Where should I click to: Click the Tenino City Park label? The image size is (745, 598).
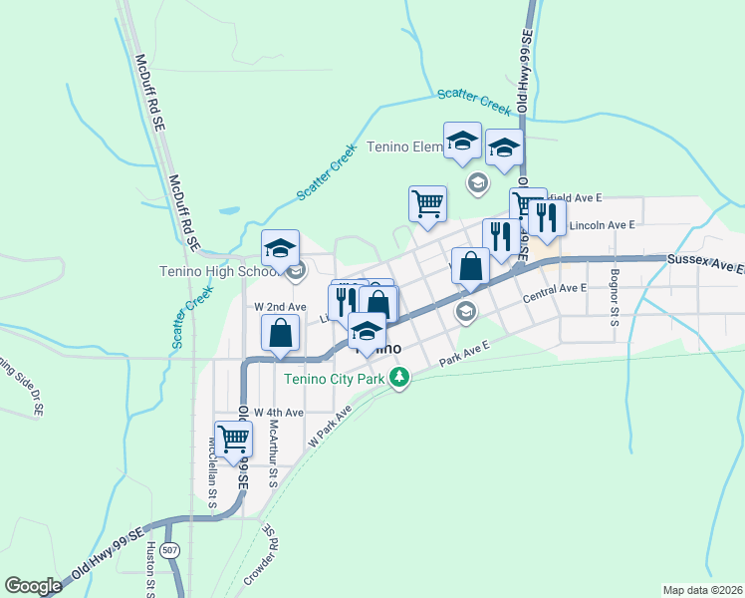click(334, 379)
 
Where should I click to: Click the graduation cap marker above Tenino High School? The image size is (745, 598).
click(281, 249)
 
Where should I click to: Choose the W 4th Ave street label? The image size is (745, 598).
click(278, 412)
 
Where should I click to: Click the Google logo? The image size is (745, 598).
click(33, 586)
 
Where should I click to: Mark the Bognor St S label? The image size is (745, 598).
click(615, 297)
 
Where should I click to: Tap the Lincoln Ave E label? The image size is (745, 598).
click(602, 226)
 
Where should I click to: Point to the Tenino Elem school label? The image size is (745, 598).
click(404, 148)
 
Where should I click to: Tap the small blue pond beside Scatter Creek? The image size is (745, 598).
click(228, 211)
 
